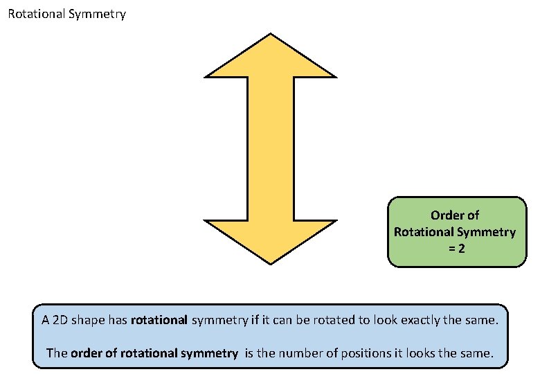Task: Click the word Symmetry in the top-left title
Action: [x=98, y=14]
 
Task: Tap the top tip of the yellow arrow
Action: [x=270, y=34]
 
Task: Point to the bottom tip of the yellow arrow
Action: [x=270, y=263]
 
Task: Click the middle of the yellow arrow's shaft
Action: [x=270, y=149]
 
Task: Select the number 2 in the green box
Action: [x=461, y=248]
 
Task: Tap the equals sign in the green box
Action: [x=451, y=248]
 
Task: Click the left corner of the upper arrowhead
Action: [x=206, y=76]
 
